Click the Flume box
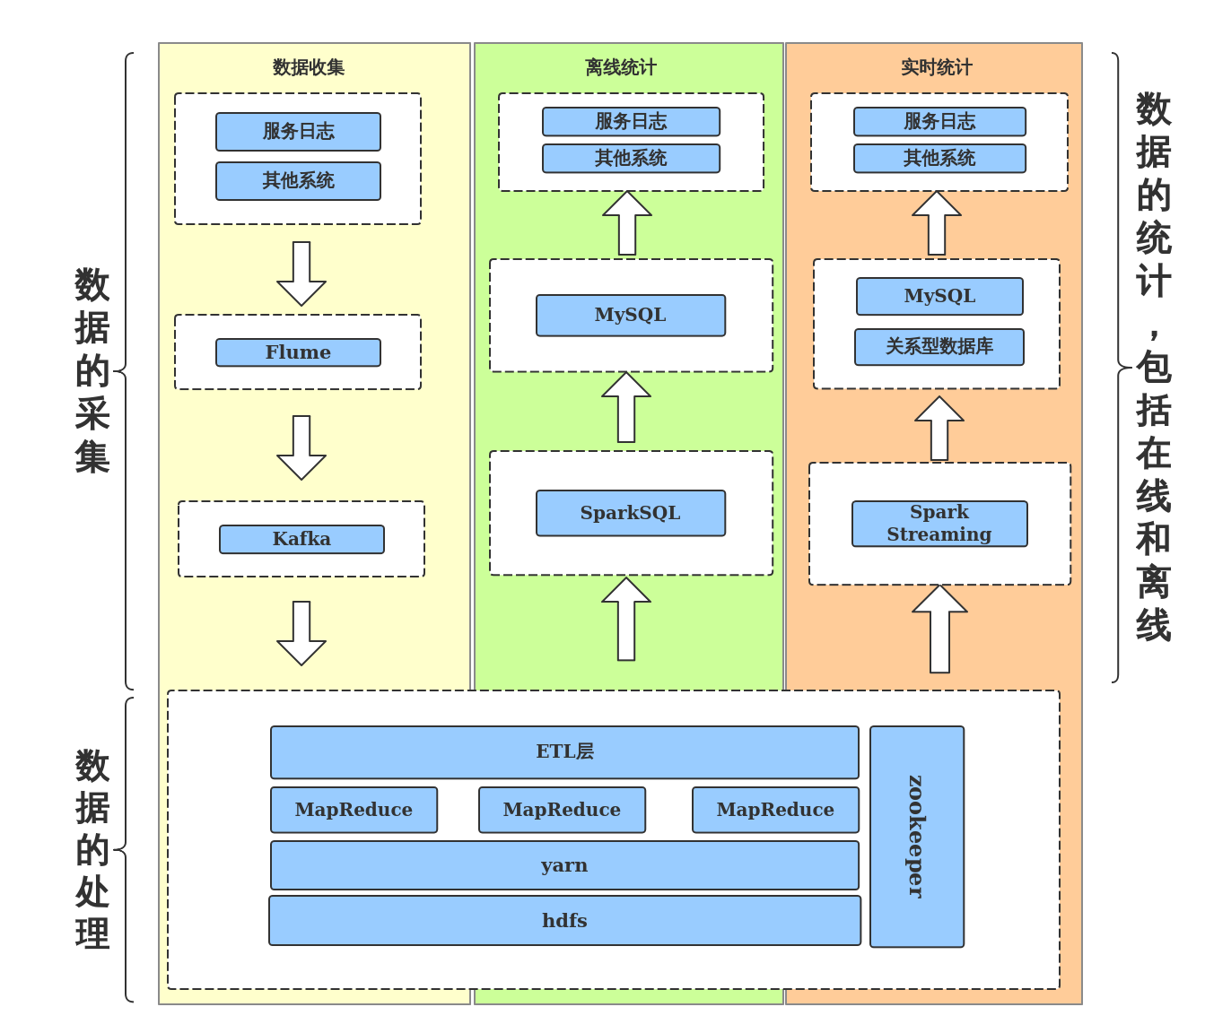click(298, 352)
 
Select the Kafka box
click(301, 539)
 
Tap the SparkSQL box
click(630, 513)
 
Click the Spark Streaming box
click(939, 524)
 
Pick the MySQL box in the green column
click(630, 315)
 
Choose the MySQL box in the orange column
click(939, 296)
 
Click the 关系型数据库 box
click(939, 347)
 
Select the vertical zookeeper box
click(916, 836)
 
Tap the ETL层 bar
click(564, 751)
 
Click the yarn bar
click(564, 865)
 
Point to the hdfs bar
click(564, 921)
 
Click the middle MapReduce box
click(562, 810)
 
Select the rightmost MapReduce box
click(775, 810)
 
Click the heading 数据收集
click(309, 67)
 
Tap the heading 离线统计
click(621, 67)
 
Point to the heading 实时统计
click(937, 67)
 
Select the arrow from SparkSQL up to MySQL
click(626, 408)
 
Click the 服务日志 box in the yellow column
click(298, 132)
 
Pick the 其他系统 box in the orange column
click(939, 159)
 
